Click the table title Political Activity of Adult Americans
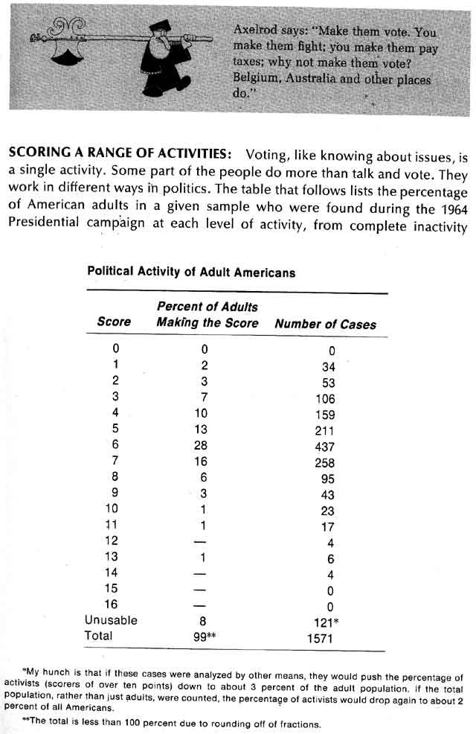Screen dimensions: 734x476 point(191,272)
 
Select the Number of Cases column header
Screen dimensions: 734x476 point(325,324)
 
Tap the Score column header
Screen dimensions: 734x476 point(114,322)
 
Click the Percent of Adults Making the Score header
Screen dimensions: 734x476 point(207,314)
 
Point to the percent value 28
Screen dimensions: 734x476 point(203,446)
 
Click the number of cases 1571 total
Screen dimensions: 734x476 point(321,638)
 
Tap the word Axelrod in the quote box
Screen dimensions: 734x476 point(255,32)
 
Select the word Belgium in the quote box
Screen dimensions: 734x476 point(257,78)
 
